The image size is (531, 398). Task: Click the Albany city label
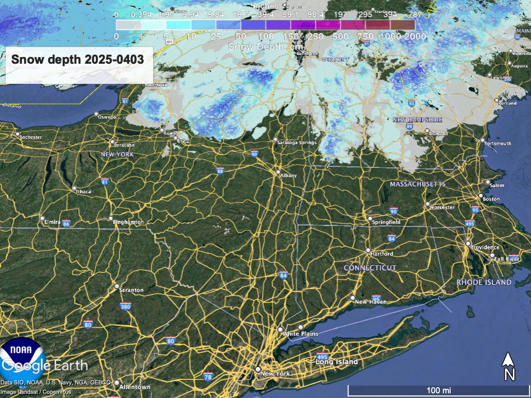coord(288,176)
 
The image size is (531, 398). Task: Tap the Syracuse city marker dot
coord(112,141)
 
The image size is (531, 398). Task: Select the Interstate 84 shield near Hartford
coord(392,238)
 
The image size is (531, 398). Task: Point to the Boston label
coord(491,199)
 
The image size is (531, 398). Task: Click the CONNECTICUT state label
coord(370,268)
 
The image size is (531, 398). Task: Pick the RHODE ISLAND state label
coord(484,282)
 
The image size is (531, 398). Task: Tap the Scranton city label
coord(131,290)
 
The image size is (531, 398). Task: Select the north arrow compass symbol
coord(509,366)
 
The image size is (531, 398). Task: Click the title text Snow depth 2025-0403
coord(78,60)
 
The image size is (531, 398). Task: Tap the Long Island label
coord(337,362)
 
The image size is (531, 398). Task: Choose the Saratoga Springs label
coord(297,143)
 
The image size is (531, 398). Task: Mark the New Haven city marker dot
coord(353,298)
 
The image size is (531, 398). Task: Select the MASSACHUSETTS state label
coord(417,184)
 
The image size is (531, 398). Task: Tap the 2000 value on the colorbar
coord(416,37)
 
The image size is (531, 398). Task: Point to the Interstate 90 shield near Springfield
coord(394,211)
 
